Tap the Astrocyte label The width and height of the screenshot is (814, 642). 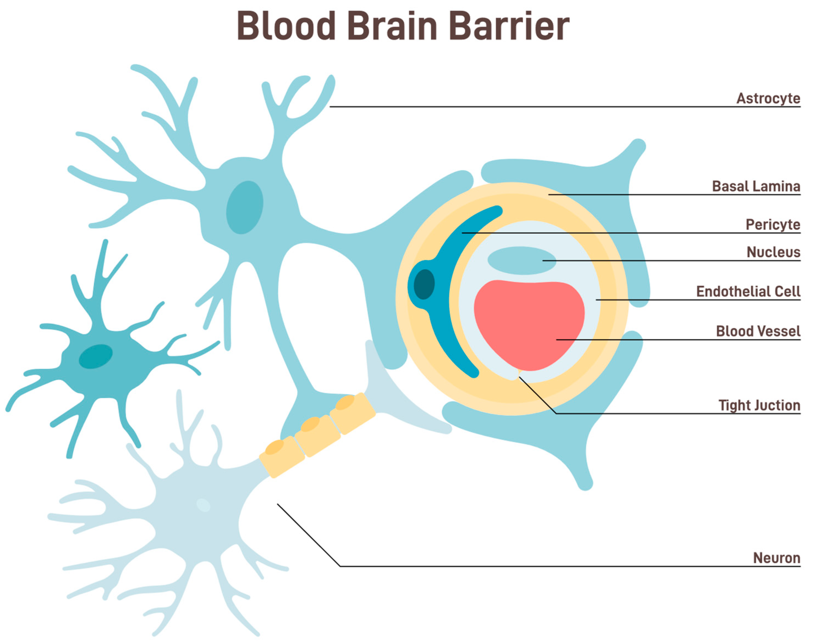tap(768, 98)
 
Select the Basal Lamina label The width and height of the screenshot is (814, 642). tap(756, 186)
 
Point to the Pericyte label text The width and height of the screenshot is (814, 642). tap(773, 225)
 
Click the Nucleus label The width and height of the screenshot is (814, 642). tap(773, 252)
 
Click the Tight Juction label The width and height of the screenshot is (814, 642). tap(759, 406)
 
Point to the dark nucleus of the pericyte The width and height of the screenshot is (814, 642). tap(424, 284)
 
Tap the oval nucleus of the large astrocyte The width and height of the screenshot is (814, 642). tap(244, 208)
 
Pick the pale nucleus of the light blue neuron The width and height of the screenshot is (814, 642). tap(203, 505)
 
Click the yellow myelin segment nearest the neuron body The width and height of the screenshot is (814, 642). tap(282, 457)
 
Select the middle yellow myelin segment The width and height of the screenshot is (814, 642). tap(317, 435)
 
